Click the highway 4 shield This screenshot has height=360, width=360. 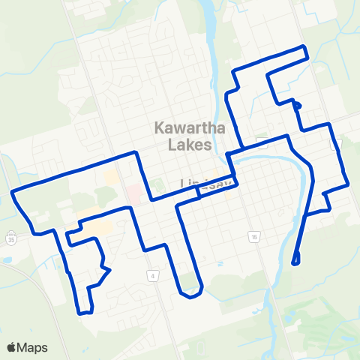coord(153,276)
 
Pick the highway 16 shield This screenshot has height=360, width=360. coord(255,237)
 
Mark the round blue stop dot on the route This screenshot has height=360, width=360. coord(298,106)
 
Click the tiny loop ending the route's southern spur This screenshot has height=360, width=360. coord(295,261)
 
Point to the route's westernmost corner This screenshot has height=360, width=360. coord(13,193)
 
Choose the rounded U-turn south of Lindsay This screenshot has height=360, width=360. coord(191,292)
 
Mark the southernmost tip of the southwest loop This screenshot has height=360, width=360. coord(85,312)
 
